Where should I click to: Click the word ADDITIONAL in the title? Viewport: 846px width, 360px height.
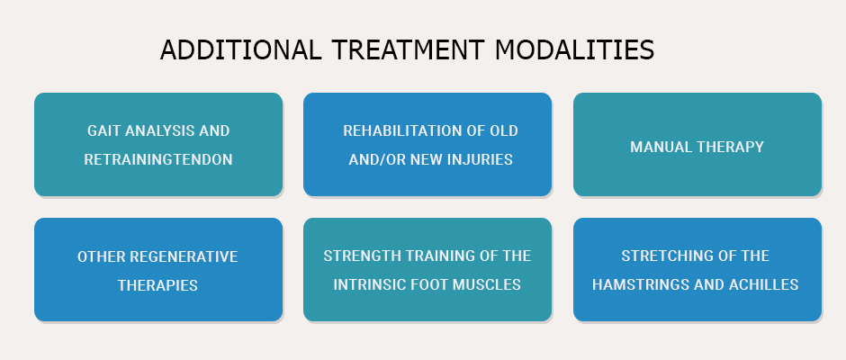(240, 49)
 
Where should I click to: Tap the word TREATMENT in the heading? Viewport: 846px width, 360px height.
(408, 49)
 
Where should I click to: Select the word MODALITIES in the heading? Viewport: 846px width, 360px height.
(574, 49)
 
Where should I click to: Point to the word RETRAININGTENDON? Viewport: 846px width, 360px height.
(158, 160)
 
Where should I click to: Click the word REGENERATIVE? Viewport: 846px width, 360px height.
(184, 256)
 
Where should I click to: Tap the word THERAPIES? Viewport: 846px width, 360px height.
(157, 285)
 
